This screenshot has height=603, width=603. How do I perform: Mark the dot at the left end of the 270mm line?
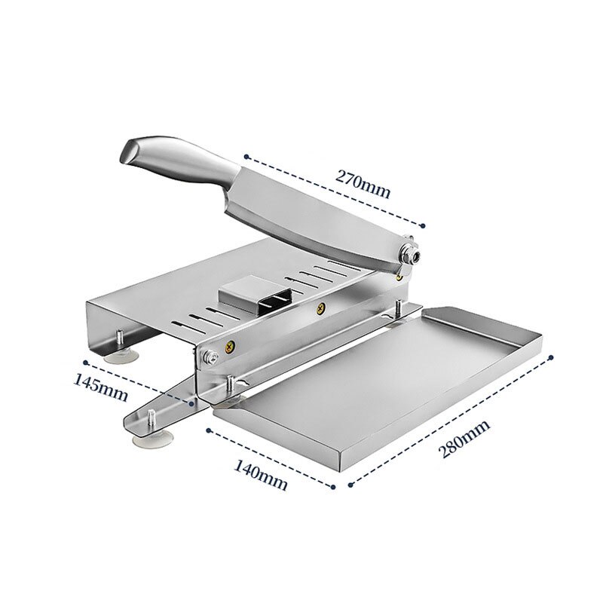(x=246, y=157)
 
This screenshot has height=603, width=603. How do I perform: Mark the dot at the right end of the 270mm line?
(x=424, y=223)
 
